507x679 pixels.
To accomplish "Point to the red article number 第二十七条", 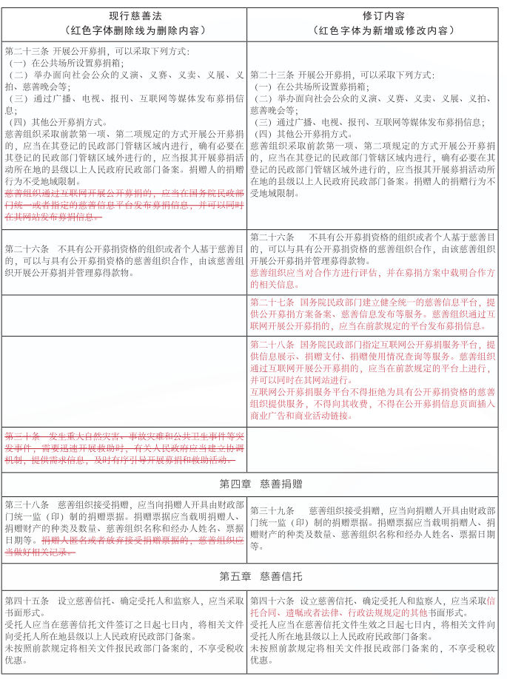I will pos(272,303).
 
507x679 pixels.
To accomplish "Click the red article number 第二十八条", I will pos(272,345).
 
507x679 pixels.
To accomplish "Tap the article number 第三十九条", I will pos(272,510).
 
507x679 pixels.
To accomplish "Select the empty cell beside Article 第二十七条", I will pos(124,314).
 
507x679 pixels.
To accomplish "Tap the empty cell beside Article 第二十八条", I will pos(124,380).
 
